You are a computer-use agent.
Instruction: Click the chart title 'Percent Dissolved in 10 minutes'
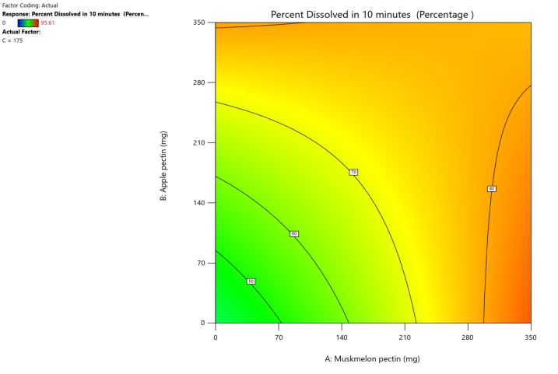[x=372, y=15]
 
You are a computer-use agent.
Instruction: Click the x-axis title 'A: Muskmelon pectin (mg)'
[x=372, y=358]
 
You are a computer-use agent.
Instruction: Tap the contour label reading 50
[x=251, y=281]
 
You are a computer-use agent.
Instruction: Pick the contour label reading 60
[x=294, y=233]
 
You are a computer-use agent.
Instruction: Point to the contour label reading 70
[x=353, y=172]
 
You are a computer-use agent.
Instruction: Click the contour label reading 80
[x=491, y=188]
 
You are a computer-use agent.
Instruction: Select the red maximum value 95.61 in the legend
[x=58, y=23]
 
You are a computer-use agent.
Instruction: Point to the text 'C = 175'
[x=14, y=40]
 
